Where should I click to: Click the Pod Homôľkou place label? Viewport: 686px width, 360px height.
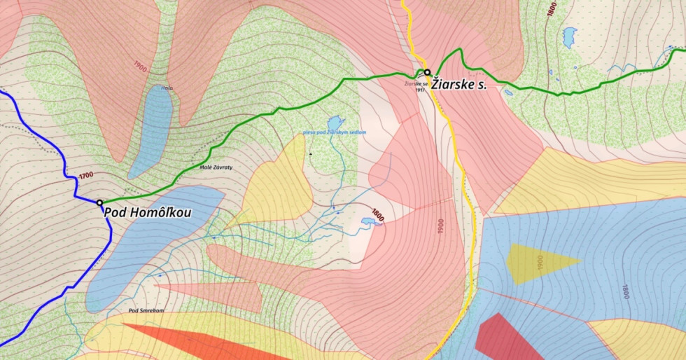pyautogui.click(x=148, y=212)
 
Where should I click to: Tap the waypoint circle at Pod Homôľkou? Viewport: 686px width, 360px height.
pyautogui.click(x=100, y=203)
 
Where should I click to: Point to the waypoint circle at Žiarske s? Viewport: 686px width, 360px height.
pyautogui.click(x=427, y=72)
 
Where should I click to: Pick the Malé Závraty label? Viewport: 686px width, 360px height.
pyautogui.click(x=216, y=168)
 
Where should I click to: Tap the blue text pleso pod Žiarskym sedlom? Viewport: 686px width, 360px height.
pyautogui.click(x=335, y=132)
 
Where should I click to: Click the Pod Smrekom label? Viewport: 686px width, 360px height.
pyautogui.click(x=146, y=310)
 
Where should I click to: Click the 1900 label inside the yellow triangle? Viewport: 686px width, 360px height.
pyautogui.click(x=540, y=263)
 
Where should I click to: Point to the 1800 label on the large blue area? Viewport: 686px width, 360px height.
pyautogui.click(x=624, y=291)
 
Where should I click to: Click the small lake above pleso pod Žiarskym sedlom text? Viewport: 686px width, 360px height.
pyautogui.click(x=335, y=122)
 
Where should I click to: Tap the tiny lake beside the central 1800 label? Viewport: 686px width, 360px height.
pyautogui.click(x=367, y=223)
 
